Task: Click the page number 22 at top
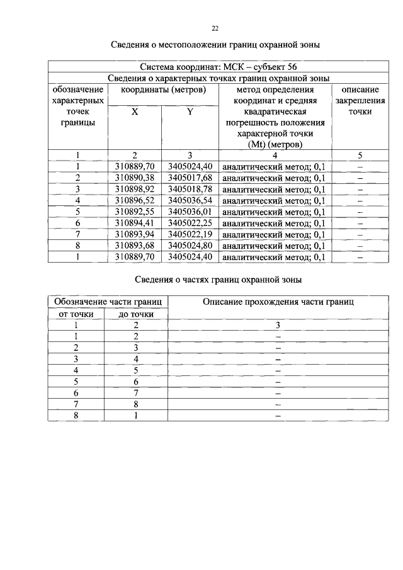tap(215, 28)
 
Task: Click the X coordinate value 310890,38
tap(135, 178)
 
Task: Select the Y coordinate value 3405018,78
tap(190, 189)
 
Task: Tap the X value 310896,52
tap(135, 200)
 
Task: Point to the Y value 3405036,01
tap(190, 212)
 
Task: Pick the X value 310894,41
tap(135, 223)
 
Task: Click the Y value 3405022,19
tap(190, 234)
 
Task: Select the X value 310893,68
tap(135, 246)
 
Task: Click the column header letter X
tap(135, 111)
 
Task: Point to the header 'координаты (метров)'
tap(162, 89)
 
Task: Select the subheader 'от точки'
tap(76, 314)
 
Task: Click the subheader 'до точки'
tap(137, 314)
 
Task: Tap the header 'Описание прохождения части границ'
tap(278, 302)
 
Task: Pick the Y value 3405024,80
tap(190, 246)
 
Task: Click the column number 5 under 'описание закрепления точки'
tap(360, 155)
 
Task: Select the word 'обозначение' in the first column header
tap(78, 89)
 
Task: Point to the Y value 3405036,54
tap(190, 200)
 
